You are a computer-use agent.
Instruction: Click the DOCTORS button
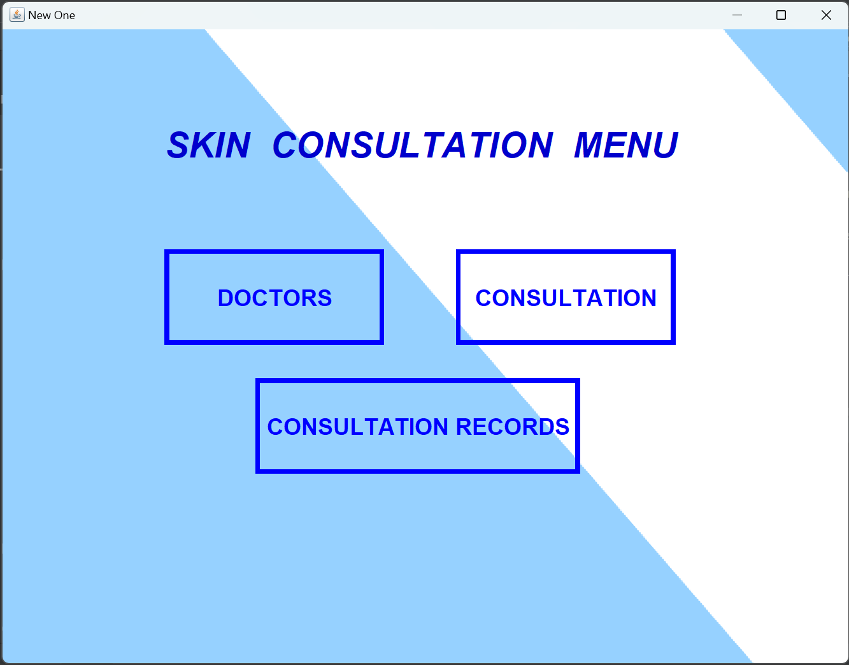tap(274, 297)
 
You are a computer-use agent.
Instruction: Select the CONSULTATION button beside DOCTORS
tap(566, 297)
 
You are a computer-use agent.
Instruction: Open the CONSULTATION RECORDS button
tap(418, 426)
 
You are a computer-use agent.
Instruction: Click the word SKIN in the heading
tap(209, 145)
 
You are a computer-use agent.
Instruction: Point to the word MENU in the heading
tap(626, 145)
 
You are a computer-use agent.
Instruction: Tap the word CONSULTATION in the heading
tap(413, 145)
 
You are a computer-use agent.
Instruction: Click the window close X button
tap(826, 15)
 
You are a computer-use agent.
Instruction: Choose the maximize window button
tap(781, 15)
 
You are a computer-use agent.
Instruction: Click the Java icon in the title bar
tap(17, 15)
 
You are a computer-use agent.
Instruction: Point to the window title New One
tap(52, 15)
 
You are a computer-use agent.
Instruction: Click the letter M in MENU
tap(589, 145)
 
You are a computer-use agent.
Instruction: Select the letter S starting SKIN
tap(179, 145)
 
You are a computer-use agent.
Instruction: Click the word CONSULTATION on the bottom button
tap(358, 427)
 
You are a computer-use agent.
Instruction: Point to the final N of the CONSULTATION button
tap(648, 298)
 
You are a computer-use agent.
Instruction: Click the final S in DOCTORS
tap(324, 298)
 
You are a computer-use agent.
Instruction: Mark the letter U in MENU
tap(664, 145)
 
